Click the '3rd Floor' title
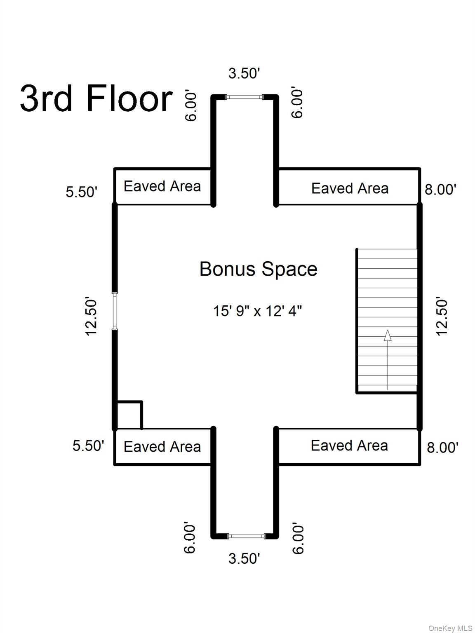coord(96,98)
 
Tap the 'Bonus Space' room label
coord(259,270)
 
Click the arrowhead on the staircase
coord(388,335)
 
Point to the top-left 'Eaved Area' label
coord(162,186)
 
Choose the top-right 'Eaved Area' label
coord(350,189)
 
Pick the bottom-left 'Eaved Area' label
coord(162,447)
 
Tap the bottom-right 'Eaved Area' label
coord(349,445)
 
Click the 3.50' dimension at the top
coord(244,73)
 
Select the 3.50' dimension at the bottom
coord(244,558)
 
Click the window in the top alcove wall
coord(245,97)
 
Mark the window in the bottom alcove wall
coord(246,537)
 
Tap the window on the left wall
coord(115,311)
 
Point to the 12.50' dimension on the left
coord(91,316)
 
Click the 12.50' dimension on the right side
coord(442,316)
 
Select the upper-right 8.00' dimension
coord(440,190)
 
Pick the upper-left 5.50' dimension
coord(82,192)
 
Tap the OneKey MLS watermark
coord(450,626)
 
